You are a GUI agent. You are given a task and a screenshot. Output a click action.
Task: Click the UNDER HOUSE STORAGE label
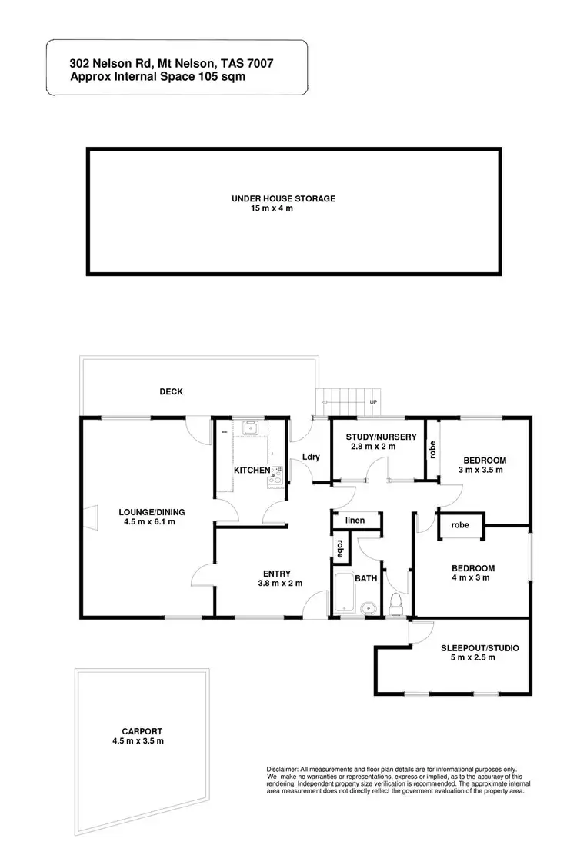[283, 198]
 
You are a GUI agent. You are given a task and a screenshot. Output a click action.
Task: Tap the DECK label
[171, 391]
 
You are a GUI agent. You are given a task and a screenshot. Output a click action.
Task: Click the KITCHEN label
[252, 470]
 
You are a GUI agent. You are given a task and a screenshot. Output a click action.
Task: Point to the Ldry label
[311, 457]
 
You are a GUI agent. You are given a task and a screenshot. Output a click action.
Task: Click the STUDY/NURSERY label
[381, 437]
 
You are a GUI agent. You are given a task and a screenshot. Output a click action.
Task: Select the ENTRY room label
[276, 573]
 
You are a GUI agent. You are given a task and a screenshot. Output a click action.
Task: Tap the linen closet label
[355, 521]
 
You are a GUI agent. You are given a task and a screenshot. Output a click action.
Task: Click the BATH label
[365, 579]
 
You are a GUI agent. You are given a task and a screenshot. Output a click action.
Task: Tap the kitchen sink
[248, 428]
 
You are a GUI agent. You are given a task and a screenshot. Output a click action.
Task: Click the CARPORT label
[142, 731]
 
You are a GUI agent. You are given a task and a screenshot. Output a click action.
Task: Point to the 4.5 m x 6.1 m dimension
[150, 522]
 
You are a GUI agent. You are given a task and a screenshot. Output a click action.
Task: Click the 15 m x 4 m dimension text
[272, 208]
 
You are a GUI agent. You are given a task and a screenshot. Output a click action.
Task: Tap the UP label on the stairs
[373, 402]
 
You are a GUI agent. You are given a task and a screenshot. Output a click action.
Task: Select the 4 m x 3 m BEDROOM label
[472, 569]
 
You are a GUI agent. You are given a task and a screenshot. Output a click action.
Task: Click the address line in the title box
[171, 65]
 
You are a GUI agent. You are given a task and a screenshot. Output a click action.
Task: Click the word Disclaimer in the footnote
[282, 770]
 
